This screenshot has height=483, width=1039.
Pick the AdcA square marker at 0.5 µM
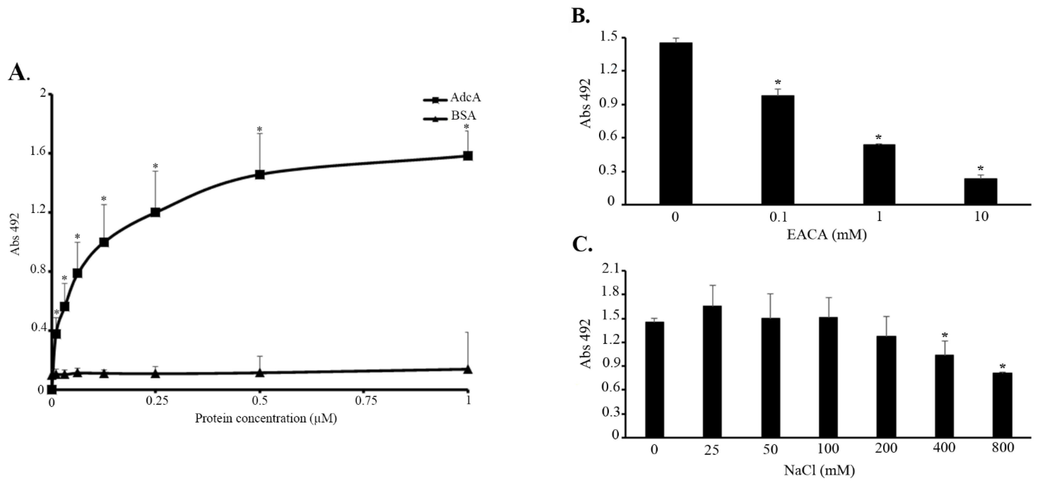click(260, 174)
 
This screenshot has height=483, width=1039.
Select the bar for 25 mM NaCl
click(712, 371)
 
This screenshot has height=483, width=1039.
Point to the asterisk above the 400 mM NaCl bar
click(944, 335)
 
